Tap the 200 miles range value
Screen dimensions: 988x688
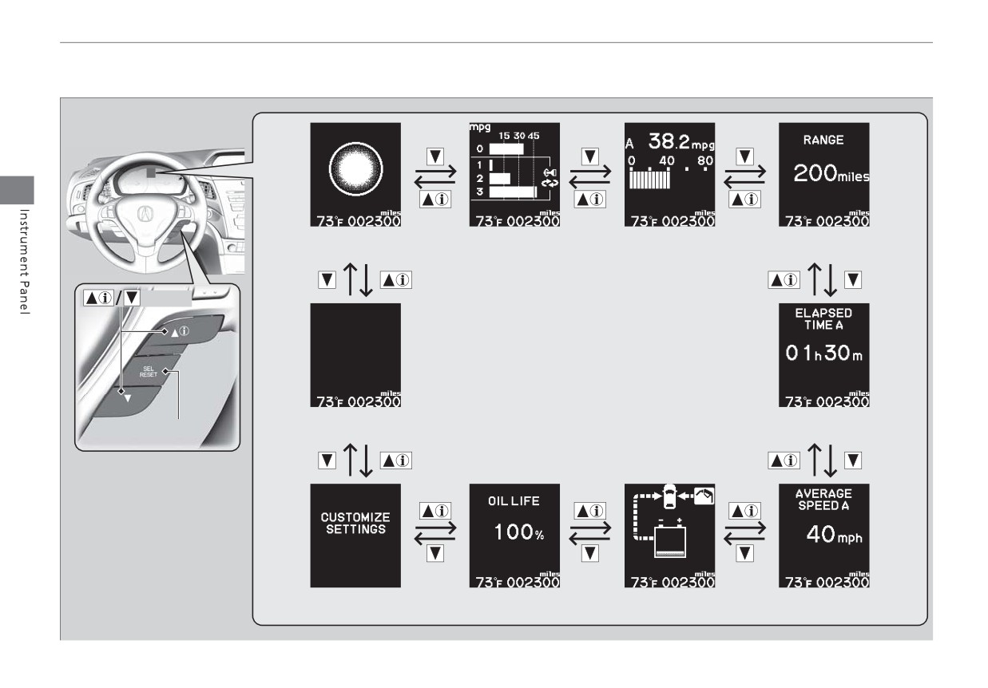pyautogui.click(x=831, y=173)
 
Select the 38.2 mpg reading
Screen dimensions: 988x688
pyautogui.click(x=681, y=141)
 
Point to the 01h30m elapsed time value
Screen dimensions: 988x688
pyautogui.click(x=823, y=353)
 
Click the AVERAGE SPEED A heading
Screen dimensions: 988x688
pyautogui.click(x=823, y=500)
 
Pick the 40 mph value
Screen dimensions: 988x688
pyautogui.click(x=834, y=535)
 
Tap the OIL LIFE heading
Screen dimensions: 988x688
pyautogui.click(x=514, y=501)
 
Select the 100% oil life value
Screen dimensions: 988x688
pyautogui.click(x=519, y=532)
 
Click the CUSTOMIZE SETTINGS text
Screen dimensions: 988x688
pyautogui.click(x=355, y=523)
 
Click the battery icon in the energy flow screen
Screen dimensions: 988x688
pyautogui.click(x=669, y=540)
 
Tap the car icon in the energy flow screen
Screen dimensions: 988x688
pyautogui.click(x=669, y=496)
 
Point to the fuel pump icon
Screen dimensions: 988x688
pyautogui.click(x=704, y=496)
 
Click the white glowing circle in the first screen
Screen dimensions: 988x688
pyautogui.click(x=355, y=168)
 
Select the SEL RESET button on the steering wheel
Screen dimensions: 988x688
pyautogui.click(x=149, y=372)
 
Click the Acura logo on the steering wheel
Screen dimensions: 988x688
pyautogui.click(x=145, y=214)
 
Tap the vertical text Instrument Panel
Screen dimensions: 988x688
pyautogui.click(x=25, y=261)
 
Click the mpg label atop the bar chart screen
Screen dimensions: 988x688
pyautogui.click(x=480, y=128)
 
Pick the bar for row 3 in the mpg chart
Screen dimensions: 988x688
pyautogui.click(x=513, y=192)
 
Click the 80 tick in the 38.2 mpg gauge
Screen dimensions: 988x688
pyautogui.click(x=704, y=160)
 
